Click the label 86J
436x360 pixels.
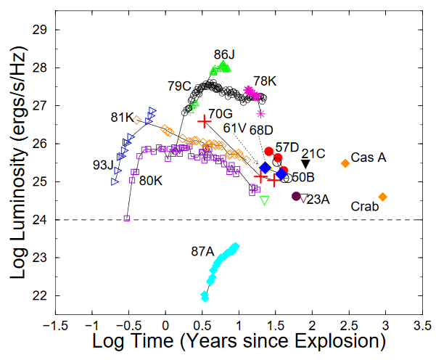click(x=225, y=54)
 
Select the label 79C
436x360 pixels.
click(x=180, y=86)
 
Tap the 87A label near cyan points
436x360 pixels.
click(x=202, y=252)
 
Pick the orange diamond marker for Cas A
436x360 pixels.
click(x=345, y=163)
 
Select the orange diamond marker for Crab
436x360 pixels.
click(x=383, y=197)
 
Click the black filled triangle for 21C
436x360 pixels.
click(x=305, y=164)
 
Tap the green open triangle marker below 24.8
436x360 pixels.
click(x=265, y=200)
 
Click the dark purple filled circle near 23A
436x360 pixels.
click(x=296, y=196)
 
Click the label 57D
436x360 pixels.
click(x=287, y=147)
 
